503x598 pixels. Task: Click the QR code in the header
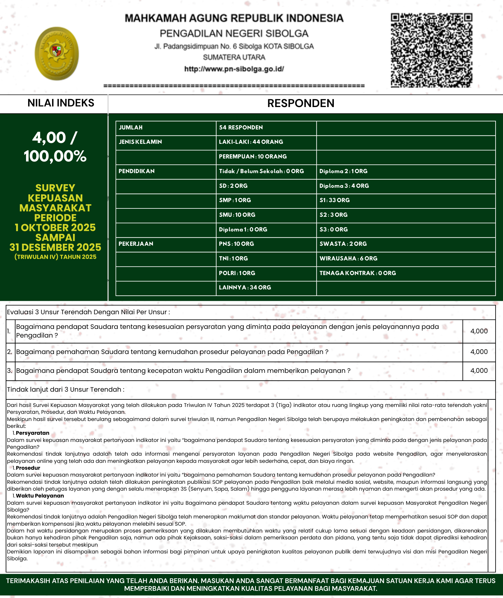[x=431, y=50]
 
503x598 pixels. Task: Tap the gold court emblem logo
[x=57, y=54]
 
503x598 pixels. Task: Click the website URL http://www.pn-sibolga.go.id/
[x=234, y=69]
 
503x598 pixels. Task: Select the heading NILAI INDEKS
[x=61, y=103]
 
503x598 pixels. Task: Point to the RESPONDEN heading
[x=301, y=103]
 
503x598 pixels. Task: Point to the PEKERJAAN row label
[x=136, y=244]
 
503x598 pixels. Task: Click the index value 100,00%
[x=55, y=156]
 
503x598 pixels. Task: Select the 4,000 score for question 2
[x=479, y=352]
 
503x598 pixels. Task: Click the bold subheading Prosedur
[x=28, y=468]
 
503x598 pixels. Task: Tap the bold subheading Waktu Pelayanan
[x=40, y=496]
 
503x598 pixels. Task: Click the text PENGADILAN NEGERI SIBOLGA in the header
[x=234, y=33]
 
